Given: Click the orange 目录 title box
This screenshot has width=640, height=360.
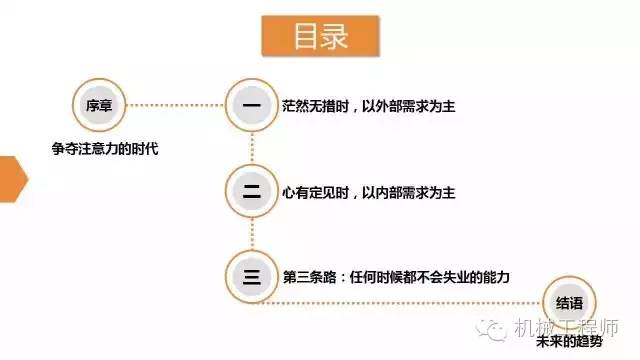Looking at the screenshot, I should click(320, 38).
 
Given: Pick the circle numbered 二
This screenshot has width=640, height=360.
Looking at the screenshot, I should click(249, 189).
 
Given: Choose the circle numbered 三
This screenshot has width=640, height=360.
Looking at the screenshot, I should click(249, 274).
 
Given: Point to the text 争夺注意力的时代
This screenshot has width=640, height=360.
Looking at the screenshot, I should click(106, 149).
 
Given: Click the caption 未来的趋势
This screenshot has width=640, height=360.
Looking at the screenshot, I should click(570, 342).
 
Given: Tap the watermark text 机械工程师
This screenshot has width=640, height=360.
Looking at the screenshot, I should click(564, 327).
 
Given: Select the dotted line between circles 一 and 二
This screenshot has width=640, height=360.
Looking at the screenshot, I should click(249, 146).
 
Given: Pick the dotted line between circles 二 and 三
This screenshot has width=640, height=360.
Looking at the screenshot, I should click(249, 232).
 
